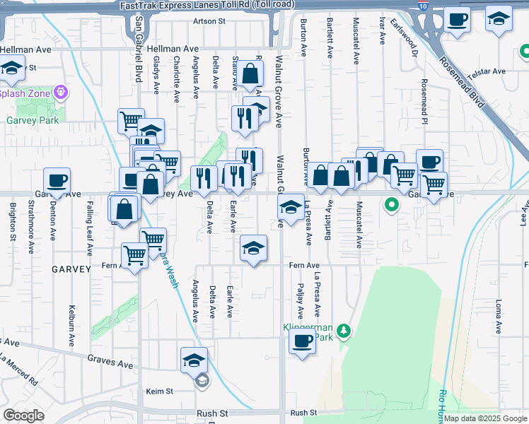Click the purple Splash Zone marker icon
pos(62,92)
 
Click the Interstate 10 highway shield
pos(422,6)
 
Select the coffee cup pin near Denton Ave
pos(57,181)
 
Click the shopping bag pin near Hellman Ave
pos(250,73)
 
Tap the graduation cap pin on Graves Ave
pos(194,360)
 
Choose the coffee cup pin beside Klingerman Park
pos(303,342)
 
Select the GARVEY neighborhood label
pos(71,269)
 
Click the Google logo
pos(24,415)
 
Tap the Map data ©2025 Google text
pos(485,418)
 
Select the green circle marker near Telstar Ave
pos(524,51)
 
